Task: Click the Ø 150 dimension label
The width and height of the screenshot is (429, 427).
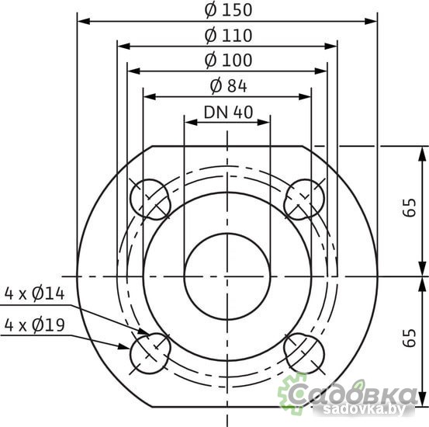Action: click(227, 10)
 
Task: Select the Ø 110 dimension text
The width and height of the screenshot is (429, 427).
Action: click(227, 35)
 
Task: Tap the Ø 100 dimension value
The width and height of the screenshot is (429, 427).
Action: click(227, 60)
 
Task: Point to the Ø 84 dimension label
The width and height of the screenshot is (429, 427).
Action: click(227, 85)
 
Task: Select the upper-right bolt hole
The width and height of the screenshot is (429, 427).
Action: click(303, 199)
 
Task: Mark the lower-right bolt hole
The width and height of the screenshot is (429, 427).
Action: click(303, 352)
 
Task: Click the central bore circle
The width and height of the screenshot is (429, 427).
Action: click(227, 276)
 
